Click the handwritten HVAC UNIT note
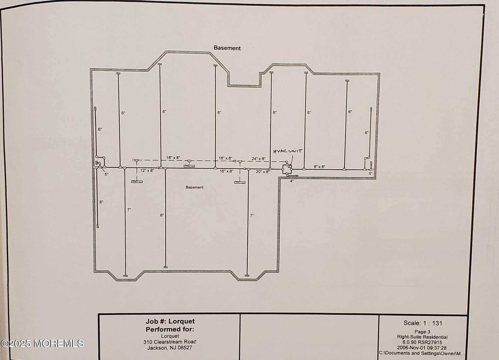tap(288, 151)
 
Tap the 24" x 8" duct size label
tap(258, 159)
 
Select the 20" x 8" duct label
tap(262, 172)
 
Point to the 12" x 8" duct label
tap(147, 171)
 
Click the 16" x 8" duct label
tap(226, 171)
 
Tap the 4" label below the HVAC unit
tap(292, 181)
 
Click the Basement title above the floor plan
tap(227, 48)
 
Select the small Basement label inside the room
tap(194, 187)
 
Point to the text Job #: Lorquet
tap(170, 321)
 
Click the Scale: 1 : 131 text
tap(423, 323)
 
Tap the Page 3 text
tap(422, 332)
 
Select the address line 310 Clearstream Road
tap(170, 342)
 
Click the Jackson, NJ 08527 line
tap(170, 348)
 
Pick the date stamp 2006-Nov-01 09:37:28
tap(422, 348)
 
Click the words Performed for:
tap(170, 329)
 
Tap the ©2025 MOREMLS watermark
tap(42, 344)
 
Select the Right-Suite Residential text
tap(422, 337)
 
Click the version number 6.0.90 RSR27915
tap(422, 342)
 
